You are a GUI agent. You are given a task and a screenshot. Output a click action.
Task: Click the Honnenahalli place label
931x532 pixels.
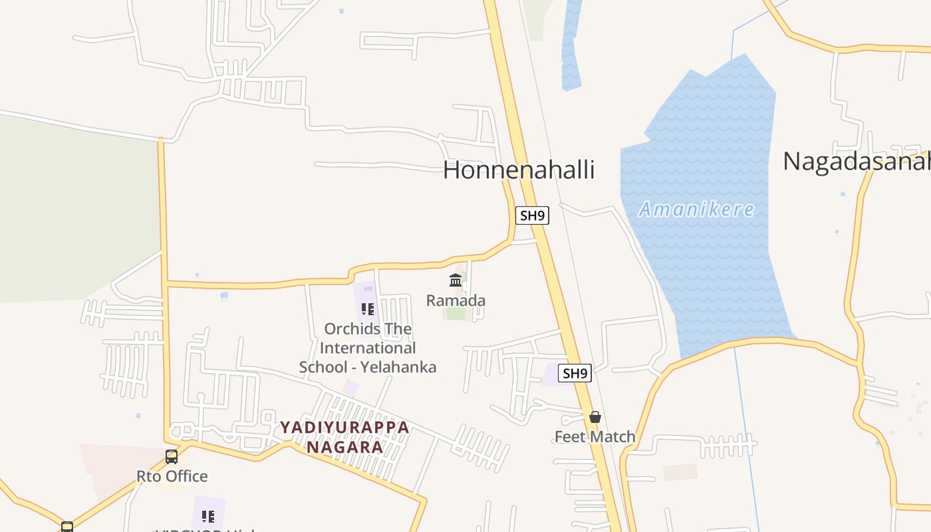pos(519,170)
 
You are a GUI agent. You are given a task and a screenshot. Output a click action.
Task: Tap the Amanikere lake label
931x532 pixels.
pos(696,209)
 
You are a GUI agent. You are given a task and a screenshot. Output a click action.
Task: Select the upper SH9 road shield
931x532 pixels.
pos(533,215)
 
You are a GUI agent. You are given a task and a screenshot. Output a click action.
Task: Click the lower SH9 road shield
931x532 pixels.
pos(575,373)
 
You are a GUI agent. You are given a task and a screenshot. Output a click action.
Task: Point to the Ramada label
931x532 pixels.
pos(456,301)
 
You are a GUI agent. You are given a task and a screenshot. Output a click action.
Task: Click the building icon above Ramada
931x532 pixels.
pos(456,280)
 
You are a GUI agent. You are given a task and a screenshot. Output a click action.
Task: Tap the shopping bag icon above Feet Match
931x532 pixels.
pos(595,417)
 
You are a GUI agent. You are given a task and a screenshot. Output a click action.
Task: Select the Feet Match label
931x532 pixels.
pos(595,437)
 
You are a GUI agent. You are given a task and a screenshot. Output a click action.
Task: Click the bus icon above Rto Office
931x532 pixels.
pos(172,457)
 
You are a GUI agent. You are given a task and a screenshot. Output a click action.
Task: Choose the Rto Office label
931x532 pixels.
pos(172,476)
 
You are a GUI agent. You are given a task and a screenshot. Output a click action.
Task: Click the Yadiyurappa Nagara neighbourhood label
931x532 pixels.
pos(344,437)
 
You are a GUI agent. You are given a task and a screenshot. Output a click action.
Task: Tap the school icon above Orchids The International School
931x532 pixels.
pos(367,309)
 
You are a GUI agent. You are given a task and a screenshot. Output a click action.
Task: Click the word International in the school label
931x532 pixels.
pos(368,348)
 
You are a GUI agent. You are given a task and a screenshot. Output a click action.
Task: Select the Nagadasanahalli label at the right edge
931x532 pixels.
pos(856,162)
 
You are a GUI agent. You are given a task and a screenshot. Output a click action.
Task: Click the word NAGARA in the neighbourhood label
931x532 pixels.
pos(344,447)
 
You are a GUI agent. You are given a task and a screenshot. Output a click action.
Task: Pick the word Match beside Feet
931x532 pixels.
pos(612,437)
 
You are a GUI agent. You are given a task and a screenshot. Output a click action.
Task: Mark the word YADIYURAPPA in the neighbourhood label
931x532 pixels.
pos(344,427)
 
